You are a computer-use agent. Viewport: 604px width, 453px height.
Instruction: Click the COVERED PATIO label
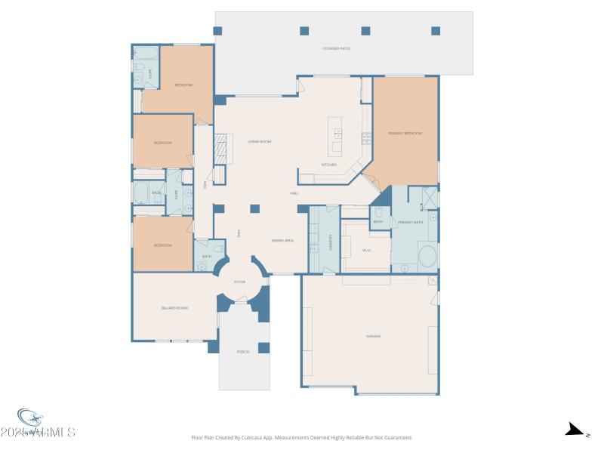click(337, 48)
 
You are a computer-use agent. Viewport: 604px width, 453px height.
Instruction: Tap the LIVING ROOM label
click(259, 142)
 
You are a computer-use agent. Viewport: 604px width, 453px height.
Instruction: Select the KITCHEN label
click(329, 165)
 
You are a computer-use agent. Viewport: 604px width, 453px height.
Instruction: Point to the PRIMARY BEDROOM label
click(405, 133)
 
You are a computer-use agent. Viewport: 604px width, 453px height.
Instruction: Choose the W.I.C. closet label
click(366, 250)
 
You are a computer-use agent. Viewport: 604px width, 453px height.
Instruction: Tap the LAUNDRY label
click(331, 242)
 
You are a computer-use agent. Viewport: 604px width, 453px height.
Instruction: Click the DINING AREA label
click(282, 240)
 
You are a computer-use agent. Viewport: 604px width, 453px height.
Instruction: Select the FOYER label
click(239, 282)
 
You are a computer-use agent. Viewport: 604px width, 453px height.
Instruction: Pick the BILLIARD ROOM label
click(174, 308)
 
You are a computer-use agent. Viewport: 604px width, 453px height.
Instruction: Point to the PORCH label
click(243, 352)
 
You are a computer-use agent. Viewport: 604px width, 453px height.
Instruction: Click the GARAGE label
click(373, 335)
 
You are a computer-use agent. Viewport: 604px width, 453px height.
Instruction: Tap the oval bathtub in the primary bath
click(427, 256)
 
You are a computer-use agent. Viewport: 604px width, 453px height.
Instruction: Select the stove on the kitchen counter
click(367, 137)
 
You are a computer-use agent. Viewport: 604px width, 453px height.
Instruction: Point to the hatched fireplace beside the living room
click(220, 149)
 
